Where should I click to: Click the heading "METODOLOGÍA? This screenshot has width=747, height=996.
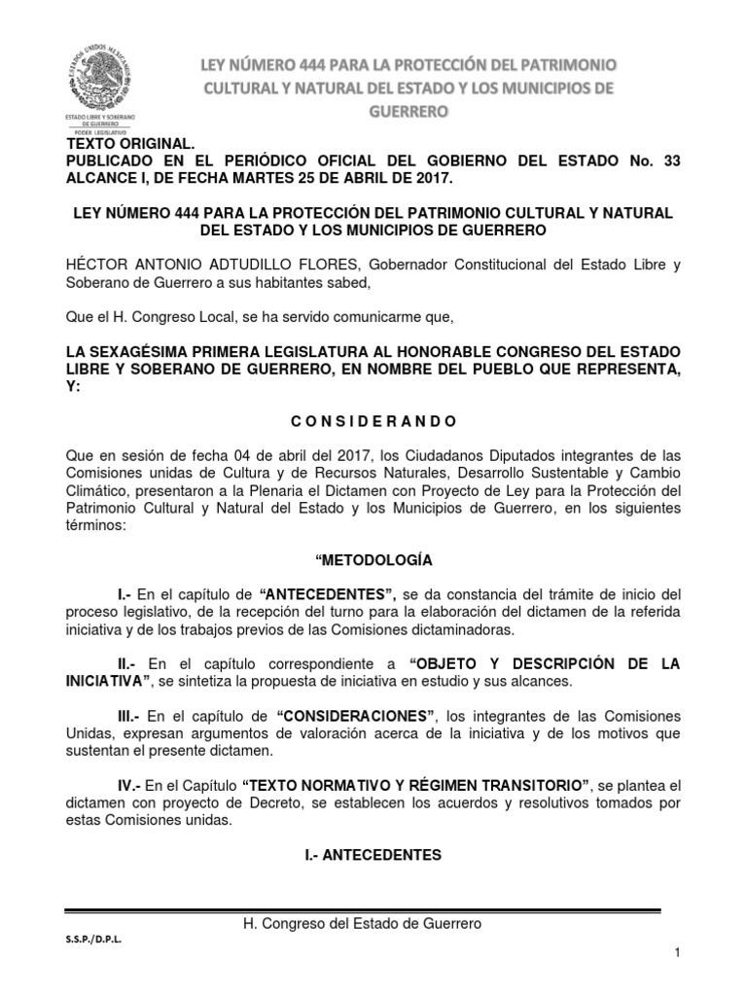(374, 560)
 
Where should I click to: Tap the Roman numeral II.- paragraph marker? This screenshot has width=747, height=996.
(126, 663)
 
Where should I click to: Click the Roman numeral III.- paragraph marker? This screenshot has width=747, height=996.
(129, 715)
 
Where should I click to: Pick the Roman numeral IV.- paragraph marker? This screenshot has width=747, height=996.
(129, 784)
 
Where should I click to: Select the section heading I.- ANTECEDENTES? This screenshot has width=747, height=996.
(374, 855)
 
